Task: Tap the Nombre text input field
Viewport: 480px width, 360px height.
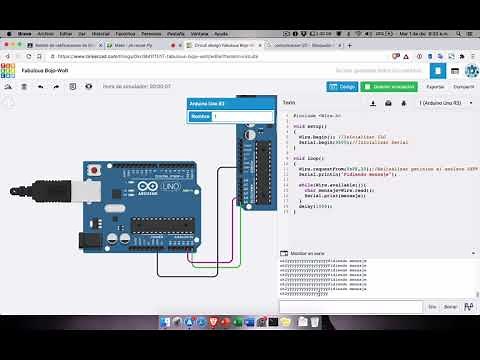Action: pos(241,116)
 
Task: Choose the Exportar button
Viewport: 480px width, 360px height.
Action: pos(435,87)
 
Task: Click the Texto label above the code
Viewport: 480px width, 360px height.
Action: pos(289,103)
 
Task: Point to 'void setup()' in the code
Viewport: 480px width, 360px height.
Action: pos(305,127)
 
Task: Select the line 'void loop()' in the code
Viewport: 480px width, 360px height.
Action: pos(304,159)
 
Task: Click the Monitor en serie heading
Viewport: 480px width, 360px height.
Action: pos(306,255)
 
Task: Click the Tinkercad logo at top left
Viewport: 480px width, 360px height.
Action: pos(10,72)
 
